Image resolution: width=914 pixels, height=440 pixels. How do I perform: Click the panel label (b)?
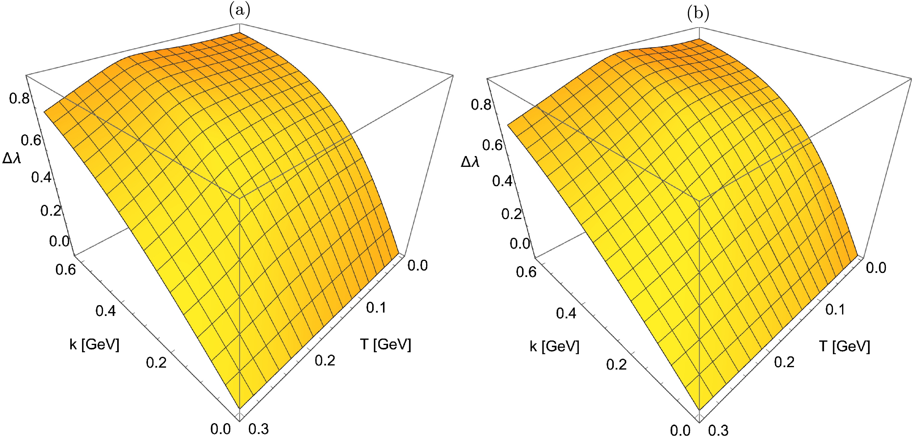[698, 13]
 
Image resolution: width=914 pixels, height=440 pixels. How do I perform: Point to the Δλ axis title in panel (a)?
[12, 158]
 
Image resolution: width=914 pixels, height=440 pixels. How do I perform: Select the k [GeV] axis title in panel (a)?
[94, 344]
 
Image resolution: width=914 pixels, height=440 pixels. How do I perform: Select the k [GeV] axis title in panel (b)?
[554, 346]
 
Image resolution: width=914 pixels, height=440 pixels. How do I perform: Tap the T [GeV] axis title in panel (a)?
[386, 344]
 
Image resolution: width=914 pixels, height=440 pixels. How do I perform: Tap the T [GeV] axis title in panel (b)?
[845, 346]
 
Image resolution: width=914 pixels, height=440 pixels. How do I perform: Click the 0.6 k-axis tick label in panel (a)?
[66, 270]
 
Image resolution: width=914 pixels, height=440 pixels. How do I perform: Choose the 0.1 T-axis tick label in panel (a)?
[376, 308]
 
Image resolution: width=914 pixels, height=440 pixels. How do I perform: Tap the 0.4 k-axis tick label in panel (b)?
[566, 313]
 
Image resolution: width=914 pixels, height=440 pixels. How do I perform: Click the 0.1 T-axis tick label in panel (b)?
[836, 309]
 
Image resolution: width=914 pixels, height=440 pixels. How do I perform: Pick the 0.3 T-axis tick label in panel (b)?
[718, 430]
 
